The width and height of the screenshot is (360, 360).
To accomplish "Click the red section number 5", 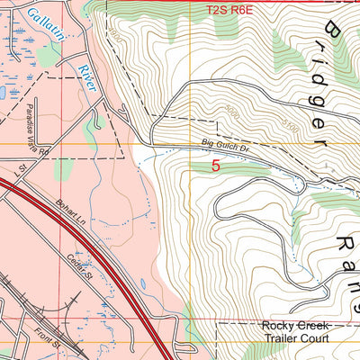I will pos(216,166).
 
